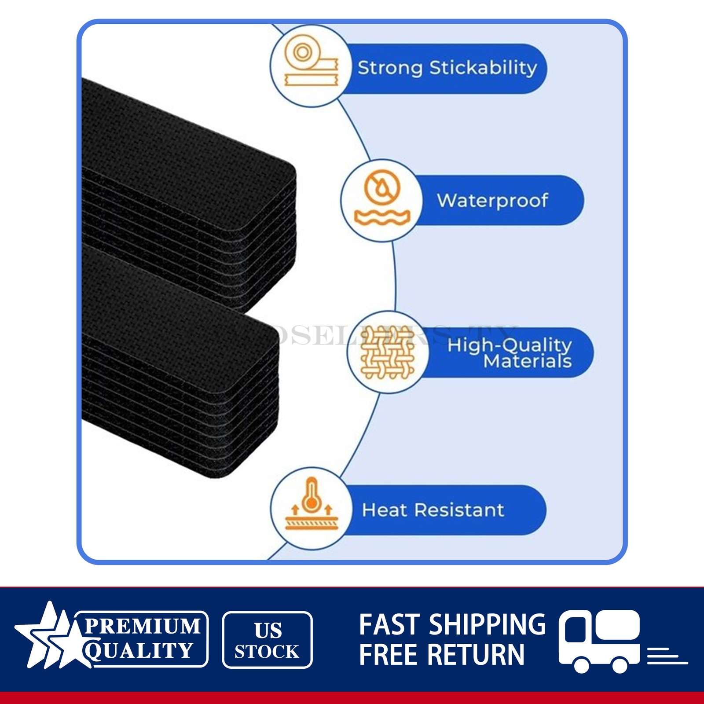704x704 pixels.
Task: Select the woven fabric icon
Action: coord(388,352)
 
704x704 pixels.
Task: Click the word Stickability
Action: coord(483,68)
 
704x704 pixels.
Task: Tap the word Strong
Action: coord(390,68)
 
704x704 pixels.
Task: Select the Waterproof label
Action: coord(492,201)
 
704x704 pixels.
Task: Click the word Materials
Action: coord(527,361)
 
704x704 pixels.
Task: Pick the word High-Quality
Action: coord(510,345)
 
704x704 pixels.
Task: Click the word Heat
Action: coord(384,510)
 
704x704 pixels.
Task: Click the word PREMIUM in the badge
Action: coord(142,627)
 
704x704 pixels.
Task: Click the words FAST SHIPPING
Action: coord(452,625)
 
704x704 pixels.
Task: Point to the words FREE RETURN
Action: coord(442,655)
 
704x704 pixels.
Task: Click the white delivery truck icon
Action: coord(599,640)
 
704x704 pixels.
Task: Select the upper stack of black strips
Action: coord(189,194)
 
